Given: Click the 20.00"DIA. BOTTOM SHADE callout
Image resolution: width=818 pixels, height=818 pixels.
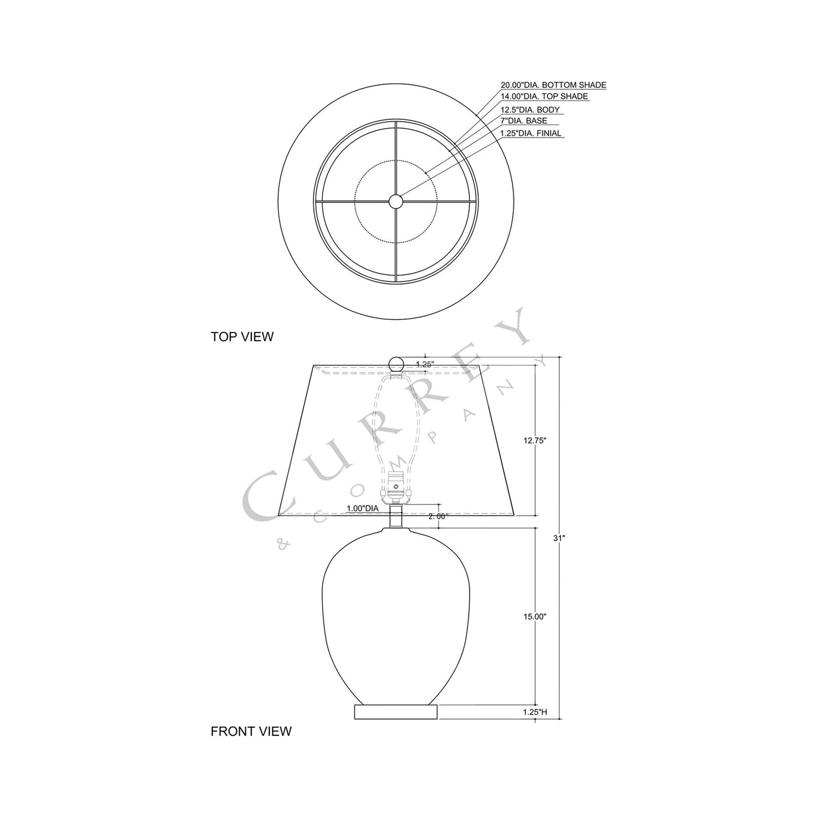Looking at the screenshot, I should [553, 85].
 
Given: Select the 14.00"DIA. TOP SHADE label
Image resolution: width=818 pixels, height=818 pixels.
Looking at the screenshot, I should [543, 97].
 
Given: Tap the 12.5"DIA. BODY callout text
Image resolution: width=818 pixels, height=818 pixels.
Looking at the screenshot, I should [530, 110].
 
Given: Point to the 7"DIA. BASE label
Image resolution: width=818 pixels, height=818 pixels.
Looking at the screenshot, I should [523, 121].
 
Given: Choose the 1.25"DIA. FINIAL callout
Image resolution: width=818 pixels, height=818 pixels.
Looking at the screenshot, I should [530, 134].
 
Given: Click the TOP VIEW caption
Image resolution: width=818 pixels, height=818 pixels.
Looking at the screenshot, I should [242, 337].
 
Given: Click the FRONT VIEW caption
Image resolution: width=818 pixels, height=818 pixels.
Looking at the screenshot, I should [251, 731].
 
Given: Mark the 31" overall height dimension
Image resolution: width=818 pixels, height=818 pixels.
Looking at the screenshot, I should [559, 538].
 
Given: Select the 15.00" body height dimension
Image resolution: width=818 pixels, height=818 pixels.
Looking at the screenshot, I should [535, 616].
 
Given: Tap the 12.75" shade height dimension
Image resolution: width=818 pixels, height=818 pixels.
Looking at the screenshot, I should [535, 440].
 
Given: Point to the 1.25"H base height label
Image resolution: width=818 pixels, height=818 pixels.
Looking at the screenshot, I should [535, 712].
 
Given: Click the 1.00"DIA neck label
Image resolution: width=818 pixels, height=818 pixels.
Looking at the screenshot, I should [362, 508].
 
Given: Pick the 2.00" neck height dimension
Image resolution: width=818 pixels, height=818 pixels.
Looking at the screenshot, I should [438, 516].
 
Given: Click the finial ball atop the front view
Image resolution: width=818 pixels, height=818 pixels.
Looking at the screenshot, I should [396, 364].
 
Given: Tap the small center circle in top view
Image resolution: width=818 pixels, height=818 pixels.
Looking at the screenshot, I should [396, 200].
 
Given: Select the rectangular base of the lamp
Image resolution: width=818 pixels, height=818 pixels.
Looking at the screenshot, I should [396, 712].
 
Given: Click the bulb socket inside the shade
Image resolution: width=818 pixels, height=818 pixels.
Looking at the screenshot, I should [396, 487].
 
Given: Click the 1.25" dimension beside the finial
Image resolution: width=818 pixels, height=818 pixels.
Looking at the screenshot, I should [425, 365].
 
